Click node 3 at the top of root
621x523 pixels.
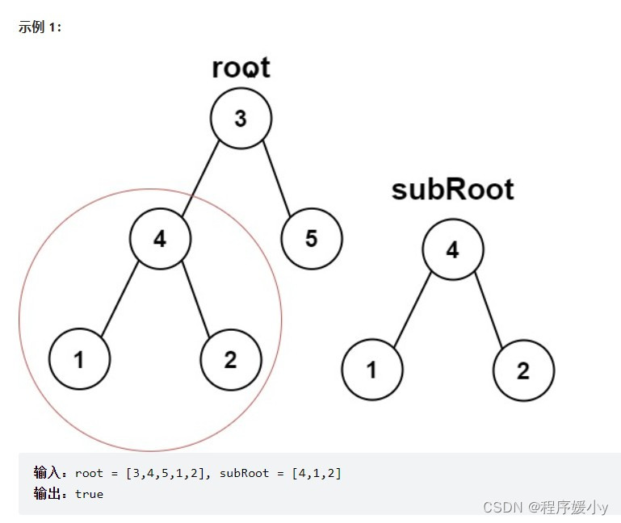pyautogui.click(x=241, y=119)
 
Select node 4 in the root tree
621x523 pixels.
pyautogui.click(x=161, y=238)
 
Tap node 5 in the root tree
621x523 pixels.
pyautogui.click(x=312, y=238)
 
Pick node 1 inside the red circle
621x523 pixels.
pyautogui.click(x=79, y=359)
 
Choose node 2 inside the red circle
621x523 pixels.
pyautogui.click(x=231, y=359)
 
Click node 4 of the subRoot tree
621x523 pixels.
pyautogui.click(x=453, y=250)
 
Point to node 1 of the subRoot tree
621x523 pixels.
pyautogui.click(x=371, y=370)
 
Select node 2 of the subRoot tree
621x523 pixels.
pyautogui.click(x=523, y=370)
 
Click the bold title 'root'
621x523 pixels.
pyautogui.click(x=241, y=67)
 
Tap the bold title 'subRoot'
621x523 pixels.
pyautogui.click(x=452, y=189)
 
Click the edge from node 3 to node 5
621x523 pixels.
pyautogui.click(x=276, y=178)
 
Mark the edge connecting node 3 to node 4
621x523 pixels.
pyautogui.click(x=200, y=178)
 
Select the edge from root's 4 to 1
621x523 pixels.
pyautogui.click(x=120, y=299)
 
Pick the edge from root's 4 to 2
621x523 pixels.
pyautogui.click(x=196, y=299)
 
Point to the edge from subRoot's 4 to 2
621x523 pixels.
pyautogui.click(x=489, y=310)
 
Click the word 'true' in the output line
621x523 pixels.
pyautogui.click(x=89, y=494)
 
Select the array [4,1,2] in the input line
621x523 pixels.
pyautogui.click(x=317, y=473)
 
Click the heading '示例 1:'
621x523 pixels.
pyautogui.click(x=40, y=27)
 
